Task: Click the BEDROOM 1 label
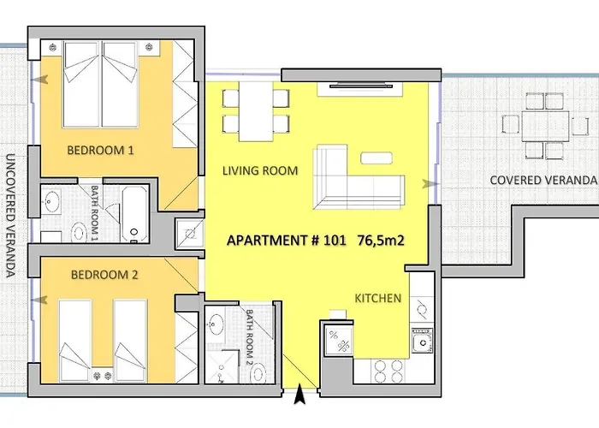(101, 151)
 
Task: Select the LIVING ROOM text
(260, 171)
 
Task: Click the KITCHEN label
(378, 299)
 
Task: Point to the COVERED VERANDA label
(542, 180)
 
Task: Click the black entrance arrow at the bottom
(299, 395)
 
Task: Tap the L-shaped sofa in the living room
(358, 178)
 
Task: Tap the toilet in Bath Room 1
(80, 231)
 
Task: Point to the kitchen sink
(420, 343)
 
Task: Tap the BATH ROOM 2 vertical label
(251, 336)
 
